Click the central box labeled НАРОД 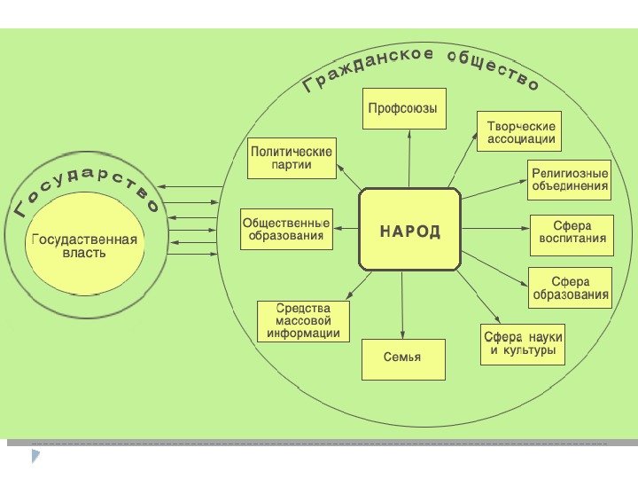tap(409, 229)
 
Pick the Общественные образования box tap(286, 230)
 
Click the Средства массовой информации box tap(304, 320)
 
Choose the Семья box tap(402, 358)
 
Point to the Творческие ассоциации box tap(521, 132)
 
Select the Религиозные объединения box tap(570, 180)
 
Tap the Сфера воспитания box tap(572, 232)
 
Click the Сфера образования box tap(571, 288)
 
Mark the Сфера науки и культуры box tap(523, 345)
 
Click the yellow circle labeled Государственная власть tap(84, 246)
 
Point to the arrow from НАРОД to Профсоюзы tap(408, 160)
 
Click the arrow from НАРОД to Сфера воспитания tap(494, 229)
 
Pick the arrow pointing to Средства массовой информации tap(354, 287)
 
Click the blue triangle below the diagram tap(37, 456)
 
